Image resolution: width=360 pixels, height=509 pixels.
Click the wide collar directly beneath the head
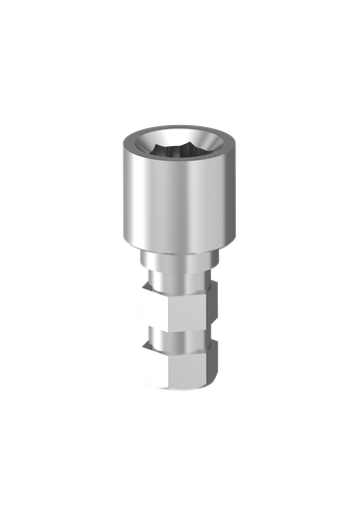[x=180, y=259]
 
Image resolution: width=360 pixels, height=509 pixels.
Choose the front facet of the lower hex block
[x=188, y=368]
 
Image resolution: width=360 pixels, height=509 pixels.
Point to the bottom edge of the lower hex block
[x=180, y=388]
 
